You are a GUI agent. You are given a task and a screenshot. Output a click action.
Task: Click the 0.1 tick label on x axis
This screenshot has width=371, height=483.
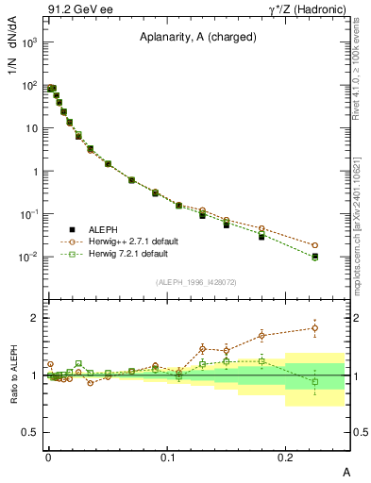167,456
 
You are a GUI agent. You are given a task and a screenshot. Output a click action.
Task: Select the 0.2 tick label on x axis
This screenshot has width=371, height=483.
286,456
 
